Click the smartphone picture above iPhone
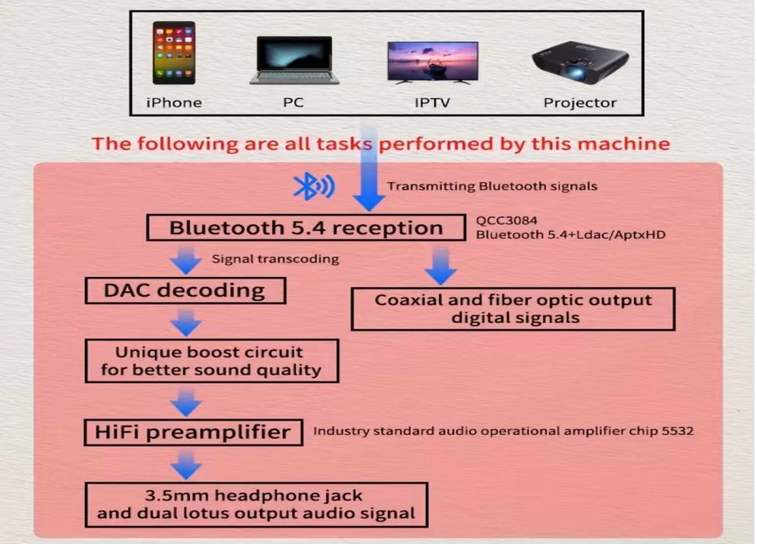tap(174, 54)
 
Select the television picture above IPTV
tap(432, 62)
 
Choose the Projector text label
tap(579, 103)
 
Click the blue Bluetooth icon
tap(312, 187)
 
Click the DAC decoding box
tap(184, 291)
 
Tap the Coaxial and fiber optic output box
tap(512, 309)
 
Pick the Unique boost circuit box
tap(210, 360)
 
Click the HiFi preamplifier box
tap(193, 432)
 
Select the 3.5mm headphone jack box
tap(256, 504)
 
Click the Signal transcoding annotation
tap(275, 259)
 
